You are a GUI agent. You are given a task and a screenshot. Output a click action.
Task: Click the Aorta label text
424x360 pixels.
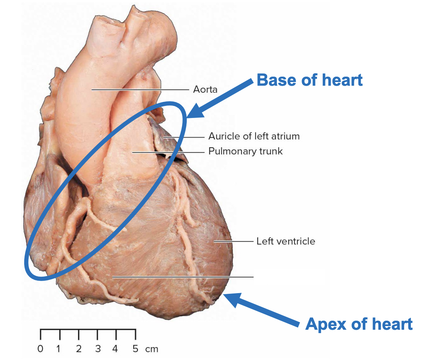pos(205,89)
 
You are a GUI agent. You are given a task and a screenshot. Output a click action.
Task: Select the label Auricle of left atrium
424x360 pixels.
pos(254,136)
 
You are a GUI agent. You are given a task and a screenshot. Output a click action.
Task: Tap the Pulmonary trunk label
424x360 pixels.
pos(245,151)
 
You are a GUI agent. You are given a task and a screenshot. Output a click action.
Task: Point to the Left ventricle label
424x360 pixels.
pos(286,241)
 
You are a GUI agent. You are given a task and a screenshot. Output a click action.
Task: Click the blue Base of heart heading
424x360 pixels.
pos(309,80)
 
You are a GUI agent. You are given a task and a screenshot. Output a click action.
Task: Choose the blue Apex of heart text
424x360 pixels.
pos(359,324)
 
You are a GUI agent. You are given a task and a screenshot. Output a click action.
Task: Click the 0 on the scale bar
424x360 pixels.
pos(40,349)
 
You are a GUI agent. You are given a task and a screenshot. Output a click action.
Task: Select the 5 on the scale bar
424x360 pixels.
pos(135,349)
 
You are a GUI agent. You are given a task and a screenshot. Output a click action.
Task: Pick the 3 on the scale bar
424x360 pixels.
pos(98,349)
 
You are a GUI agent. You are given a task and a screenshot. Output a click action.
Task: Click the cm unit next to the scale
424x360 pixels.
pos(152,350)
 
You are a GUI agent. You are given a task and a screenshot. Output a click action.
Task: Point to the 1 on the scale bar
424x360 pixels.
pos(59,349)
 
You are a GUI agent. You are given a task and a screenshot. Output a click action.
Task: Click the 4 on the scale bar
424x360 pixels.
pos(115,349)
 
